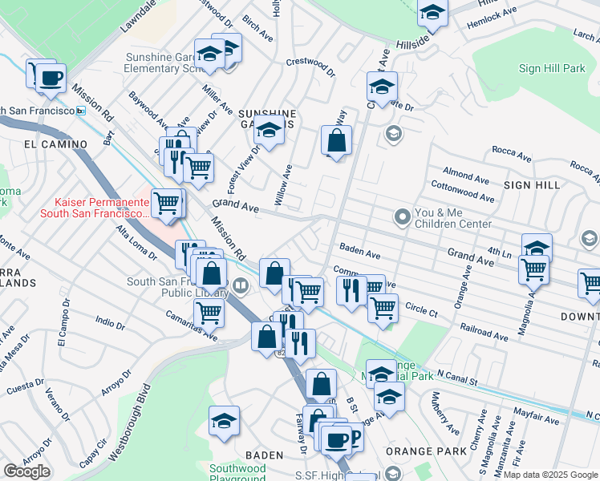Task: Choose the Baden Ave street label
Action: click(359, 252)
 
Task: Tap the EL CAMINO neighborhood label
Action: click(55, 144)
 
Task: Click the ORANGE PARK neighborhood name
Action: click(415, 451)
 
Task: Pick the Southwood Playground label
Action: click(237, 473)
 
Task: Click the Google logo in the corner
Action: click(26, 471)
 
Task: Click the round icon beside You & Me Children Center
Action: click(402, 216)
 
